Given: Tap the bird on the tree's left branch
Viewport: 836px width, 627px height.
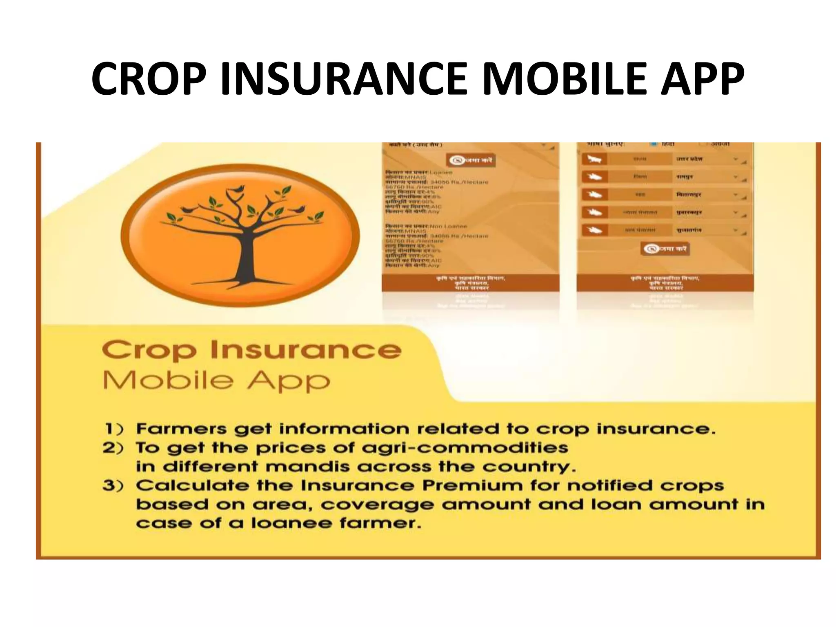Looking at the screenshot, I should (188, 209).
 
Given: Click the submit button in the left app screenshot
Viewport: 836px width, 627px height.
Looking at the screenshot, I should (470, 160).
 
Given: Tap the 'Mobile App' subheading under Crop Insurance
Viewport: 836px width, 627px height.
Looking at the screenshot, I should (216, 381).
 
